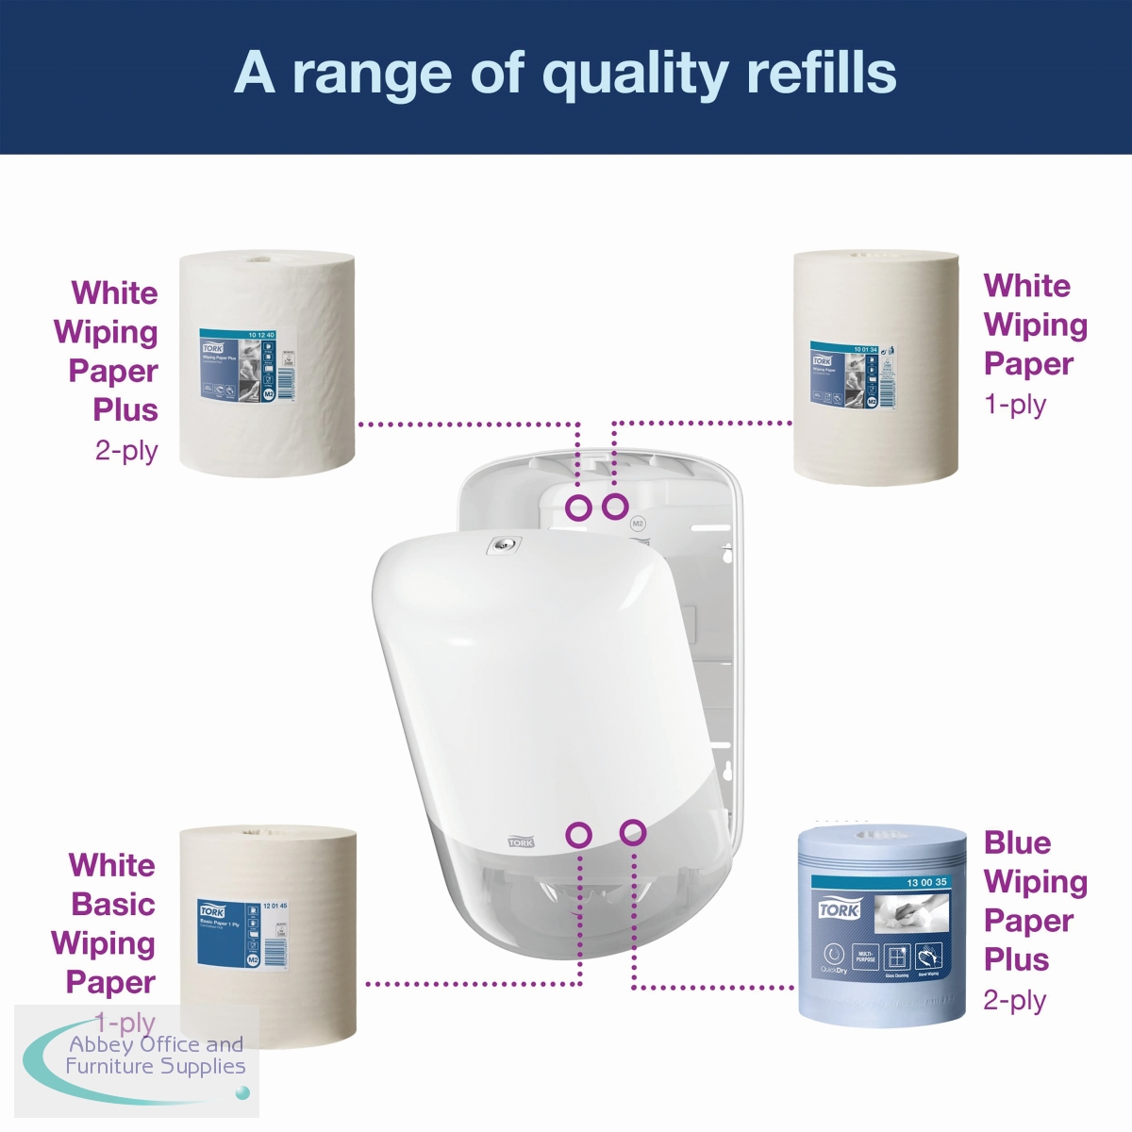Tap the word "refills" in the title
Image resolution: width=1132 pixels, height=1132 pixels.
tap(821, 74)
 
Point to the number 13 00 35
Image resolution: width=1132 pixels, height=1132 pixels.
tap(926, 883)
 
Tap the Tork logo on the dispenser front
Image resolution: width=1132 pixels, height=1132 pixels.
tap(521, 841)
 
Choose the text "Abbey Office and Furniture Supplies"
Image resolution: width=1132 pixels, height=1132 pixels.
tap(156, 1056)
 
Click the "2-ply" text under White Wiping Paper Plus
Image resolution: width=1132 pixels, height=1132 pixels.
tap(126, 451)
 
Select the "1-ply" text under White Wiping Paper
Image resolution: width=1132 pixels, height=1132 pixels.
tap(1015, 405)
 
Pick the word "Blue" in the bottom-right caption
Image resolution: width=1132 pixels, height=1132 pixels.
tap(1017, 842)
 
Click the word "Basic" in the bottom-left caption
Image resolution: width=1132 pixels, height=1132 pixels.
tap(113, 905)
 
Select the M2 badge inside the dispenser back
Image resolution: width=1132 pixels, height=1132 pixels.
tap(637, 524)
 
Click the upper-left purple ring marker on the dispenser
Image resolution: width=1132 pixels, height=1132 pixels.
tap(578, 508)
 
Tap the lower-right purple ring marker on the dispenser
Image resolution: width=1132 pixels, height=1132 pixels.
tap(633, 832)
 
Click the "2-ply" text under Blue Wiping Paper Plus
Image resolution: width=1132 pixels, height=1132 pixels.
tap(1015, 1000)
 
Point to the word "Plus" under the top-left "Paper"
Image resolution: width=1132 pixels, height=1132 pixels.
tap(125, 410)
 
